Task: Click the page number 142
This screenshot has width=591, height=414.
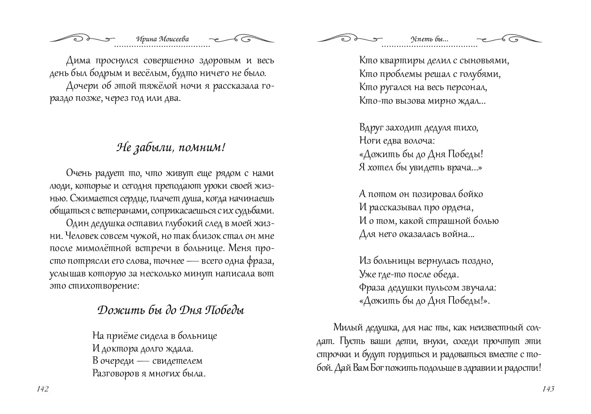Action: coord(42,389)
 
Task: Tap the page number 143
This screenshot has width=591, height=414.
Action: coord(548,389)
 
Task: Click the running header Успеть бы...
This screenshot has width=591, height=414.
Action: coord(429,40)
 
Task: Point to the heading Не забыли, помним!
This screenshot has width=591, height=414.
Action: coord(171,147)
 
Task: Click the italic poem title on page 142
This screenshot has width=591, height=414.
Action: coord(171,310)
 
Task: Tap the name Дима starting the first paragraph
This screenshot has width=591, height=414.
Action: coord(77,61)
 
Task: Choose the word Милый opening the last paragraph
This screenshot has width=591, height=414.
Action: coord(346,327)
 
